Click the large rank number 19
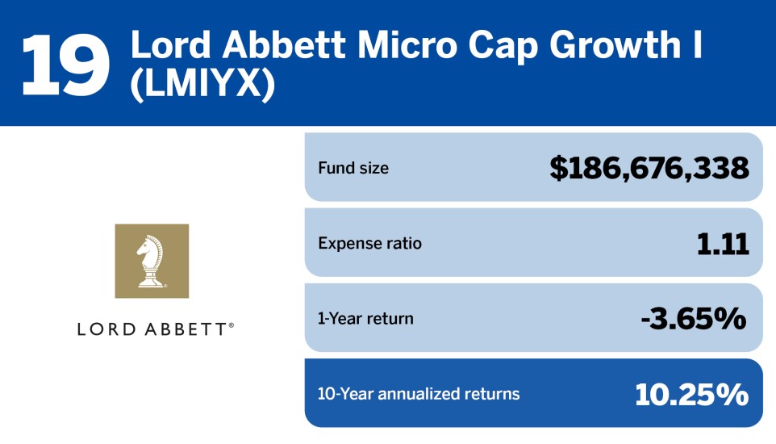click(66, 64)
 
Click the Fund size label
click(353, 168)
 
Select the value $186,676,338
click(649, 168)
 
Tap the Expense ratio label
click(369, 243)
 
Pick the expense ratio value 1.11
click(723, 243)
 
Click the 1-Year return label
click(365, 318)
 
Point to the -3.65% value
click(693, 318)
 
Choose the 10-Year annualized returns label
click(419, 394)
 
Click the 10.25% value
click(691, 394)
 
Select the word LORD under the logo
click(105, 329)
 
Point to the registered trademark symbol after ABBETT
click(232, 325)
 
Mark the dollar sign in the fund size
click(558, 168)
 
